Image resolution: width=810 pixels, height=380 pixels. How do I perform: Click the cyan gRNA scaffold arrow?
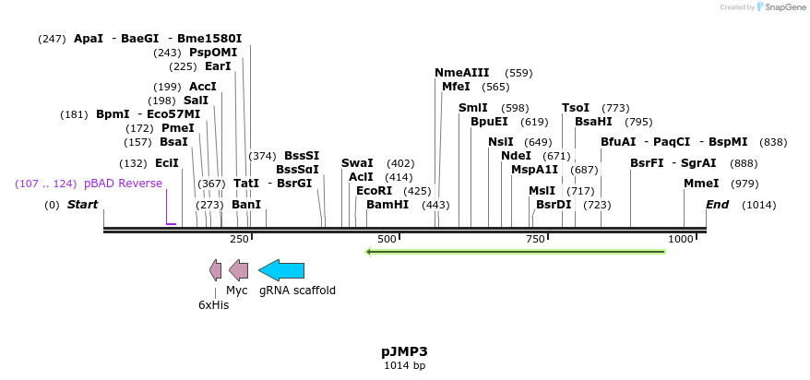[x=281, y=270]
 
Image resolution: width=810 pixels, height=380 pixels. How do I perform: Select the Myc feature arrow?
[x=238, y=270]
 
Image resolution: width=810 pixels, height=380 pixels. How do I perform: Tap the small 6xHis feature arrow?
[x=216, y=270]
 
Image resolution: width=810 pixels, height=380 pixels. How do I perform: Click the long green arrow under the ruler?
[x=516, y=251]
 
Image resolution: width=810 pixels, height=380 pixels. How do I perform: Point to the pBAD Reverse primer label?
[x=123, y=184]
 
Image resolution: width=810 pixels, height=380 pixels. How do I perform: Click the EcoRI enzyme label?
[x=374, y=191]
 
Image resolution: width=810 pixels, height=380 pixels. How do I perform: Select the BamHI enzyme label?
[x=387, y=205]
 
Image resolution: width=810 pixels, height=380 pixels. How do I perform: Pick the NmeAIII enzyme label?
[x=461, y=73]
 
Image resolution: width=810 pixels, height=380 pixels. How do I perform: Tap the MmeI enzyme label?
[x=701, y=184]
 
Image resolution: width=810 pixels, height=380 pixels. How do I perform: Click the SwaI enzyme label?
[x=357, y=163]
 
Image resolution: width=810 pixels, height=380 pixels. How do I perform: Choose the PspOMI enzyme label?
[x=213, y=53]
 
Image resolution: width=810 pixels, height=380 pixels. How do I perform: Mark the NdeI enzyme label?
[x=516, y=156]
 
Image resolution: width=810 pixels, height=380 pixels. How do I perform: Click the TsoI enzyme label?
[x=576, y=108]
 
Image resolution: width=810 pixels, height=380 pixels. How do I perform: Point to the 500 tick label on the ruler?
[x=387, y=239]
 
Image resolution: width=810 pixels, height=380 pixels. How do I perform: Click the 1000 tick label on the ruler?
[x=681, y=239]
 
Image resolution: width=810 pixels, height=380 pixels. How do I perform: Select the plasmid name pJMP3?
[x=404, y=351]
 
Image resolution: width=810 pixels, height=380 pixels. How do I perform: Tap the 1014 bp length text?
[x=404, y=366]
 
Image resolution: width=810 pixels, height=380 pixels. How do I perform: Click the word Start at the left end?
[x=82, y=205]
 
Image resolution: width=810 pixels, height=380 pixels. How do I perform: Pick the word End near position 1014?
[x=718, y=205]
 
